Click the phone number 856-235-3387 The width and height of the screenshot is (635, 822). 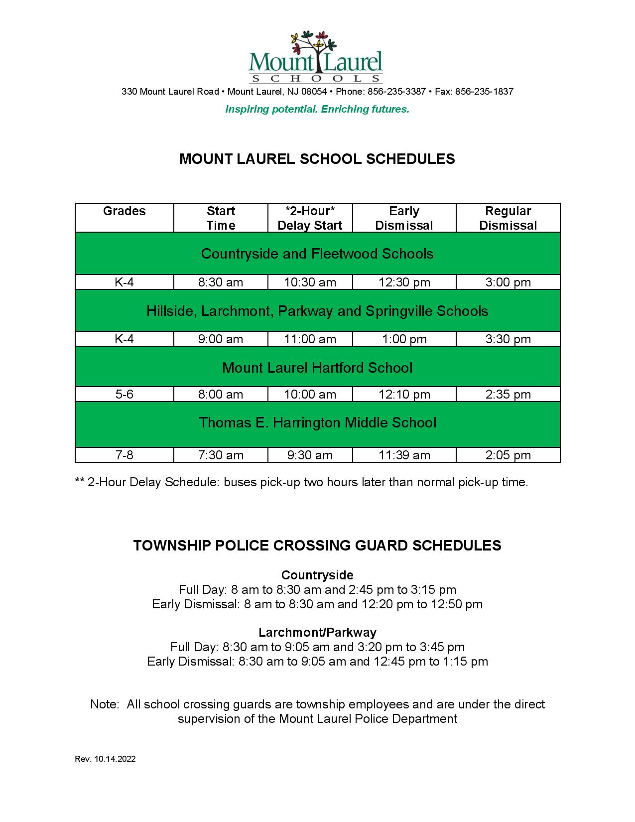click(x=396, y=92)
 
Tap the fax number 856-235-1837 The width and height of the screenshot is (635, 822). click(x=484, y=92)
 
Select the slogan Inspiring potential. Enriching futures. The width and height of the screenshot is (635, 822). click(x=317, y=109)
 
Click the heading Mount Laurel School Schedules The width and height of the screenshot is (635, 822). click(x=317, y=159)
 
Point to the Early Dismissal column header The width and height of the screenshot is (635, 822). click(x=404, y=218)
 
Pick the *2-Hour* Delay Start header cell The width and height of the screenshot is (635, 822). click(x=310, y=218)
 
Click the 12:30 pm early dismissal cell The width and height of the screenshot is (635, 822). click(x=404, y=282)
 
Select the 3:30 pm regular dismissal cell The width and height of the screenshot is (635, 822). click(x=508, y=339)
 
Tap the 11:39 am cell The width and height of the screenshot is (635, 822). click(x=404, y=455)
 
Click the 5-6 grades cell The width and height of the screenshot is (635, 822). click(x=124, y=395)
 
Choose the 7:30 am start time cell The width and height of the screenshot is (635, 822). click(x=221, y=455)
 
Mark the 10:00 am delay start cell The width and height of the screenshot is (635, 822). click(x=310, y=395)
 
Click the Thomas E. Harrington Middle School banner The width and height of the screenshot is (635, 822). click(x=317, y=423)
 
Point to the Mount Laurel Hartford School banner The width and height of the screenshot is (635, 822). click(x=317, y=368)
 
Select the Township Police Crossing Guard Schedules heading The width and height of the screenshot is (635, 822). click(x=317, y=546)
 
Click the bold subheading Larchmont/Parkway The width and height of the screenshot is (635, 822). click(x=317, y=633)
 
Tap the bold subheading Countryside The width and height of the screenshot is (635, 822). click(x=317, y=575)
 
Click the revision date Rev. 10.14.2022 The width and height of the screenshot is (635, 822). click(x=105, y=759)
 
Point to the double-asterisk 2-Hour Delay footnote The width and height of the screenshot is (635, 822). click(x=301, y=482)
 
